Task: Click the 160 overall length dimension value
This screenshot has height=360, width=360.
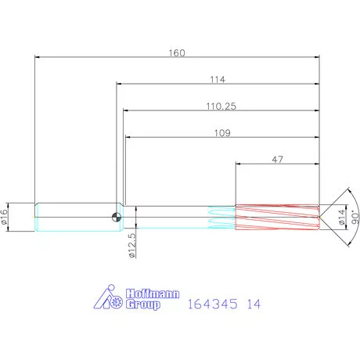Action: [177, 53]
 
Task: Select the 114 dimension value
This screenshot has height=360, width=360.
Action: [218, 80]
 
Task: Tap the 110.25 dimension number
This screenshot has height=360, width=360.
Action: [221, 106]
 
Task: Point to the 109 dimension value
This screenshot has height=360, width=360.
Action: [222, 133]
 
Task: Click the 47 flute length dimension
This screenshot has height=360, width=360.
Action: [277, 160]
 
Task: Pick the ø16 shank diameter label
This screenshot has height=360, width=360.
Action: [5, 217]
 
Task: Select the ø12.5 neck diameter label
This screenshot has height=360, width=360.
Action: [132, 246]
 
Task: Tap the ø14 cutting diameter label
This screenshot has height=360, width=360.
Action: [342, 217]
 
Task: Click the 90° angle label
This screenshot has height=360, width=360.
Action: [355, 218]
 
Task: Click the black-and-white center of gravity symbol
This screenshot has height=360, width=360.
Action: [117, 217]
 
